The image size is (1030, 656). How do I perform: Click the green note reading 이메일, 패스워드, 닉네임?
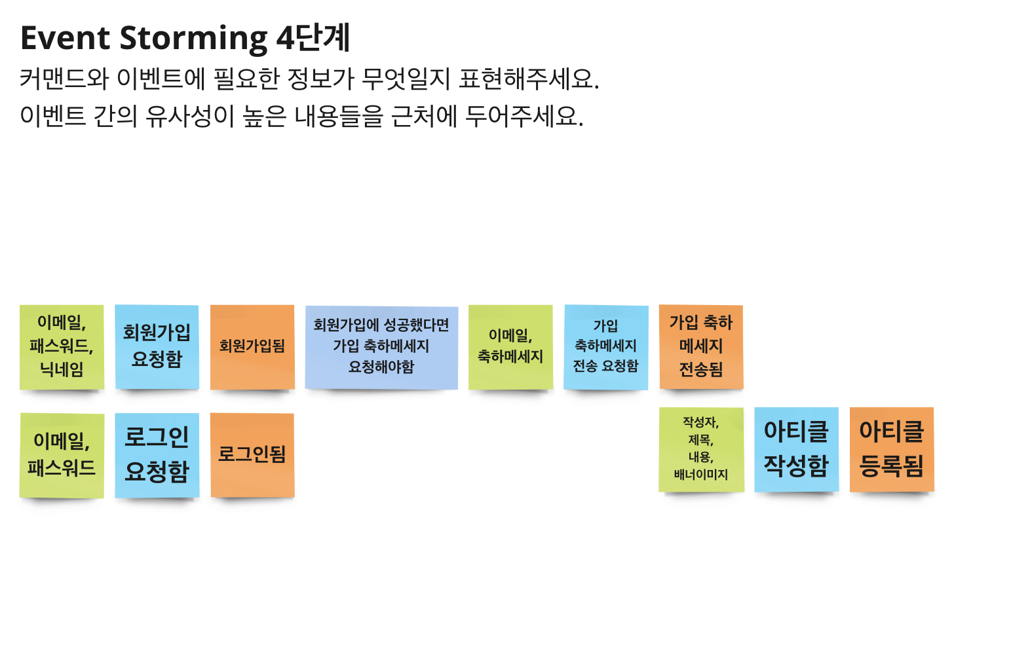point(62,346)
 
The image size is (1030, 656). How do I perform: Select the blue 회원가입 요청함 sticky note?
point(157,346)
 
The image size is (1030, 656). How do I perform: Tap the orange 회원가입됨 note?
point(252,346)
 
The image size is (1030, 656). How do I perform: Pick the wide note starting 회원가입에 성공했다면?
point(381,346)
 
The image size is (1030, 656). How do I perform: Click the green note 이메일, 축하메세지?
point(510,346)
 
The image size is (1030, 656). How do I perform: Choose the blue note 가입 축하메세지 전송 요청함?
point(606,346)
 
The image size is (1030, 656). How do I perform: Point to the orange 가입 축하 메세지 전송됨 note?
point(701,346)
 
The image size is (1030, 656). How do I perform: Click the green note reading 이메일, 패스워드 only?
point(62,454)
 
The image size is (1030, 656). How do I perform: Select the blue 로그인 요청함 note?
point(157,454)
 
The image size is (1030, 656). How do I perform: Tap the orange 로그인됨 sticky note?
point(252,454)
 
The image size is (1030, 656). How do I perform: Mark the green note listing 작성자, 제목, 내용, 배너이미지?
point(701,449)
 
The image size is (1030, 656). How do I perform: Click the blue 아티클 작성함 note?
point(797,449)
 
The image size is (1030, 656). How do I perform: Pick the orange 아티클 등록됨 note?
point(892,449)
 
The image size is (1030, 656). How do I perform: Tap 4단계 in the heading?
point(313,38)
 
